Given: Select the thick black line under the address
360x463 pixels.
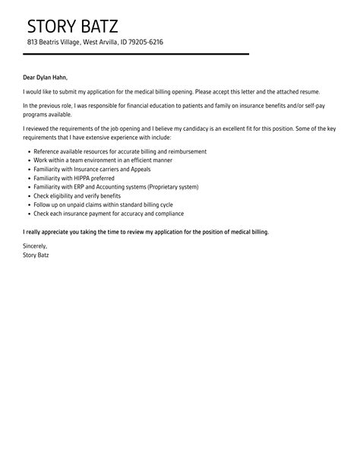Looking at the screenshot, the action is (x=137, y=54).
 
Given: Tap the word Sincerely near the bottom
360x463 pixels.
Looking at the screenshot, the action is (x=35, y=246).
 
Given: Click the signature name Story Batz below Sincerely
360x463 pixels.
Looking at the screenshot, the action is (x=37, y=255).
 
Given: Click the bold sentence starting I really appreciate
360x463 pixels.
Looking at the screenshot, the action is (x=147, y=230).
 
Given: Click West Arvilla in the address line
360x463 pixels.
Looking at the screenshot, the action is (x=98, y=42).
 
